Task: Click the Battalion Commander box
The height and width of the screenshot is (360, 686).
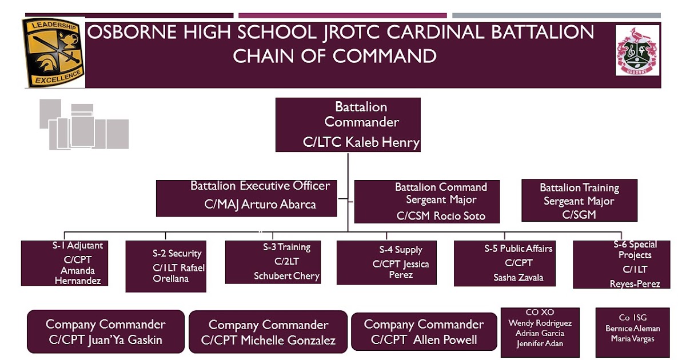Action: click(348, 124)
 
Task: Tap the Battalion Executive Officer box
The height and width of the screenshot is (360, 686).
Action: click(246, 198)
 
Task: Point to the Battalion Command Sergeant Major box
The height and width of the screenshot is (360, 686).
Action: click(427, 201)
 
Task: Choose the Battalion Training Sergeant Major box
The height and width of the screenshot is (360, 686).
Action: click(579, 200)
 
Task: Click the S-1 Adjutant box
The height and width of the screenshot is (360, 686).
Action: click(65, 263)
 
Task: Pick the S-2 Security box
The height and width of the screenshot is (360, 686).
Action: click(166, 266)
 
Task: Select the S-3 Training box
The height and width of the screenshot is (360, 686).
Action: click(273, 262)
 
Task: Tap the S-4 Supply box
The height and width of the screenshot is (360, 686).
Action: click(386, 262)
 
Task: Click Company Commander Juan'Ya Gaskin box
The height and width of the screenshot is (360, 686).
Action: click(106, 332)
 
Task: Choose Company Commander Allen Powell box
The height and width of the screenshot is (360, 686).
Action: click(424, 332)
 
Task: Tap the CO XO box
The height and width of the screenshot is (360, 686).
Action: click(540, 332)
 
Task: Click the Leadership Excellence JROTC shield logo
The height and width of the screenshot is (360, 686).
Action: click(53, 51)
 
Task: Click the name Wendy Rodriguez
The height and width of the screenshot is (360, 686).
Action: click(540, 323)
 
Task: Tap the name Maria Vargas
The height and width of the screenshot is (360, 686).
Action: click(632, 338)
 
